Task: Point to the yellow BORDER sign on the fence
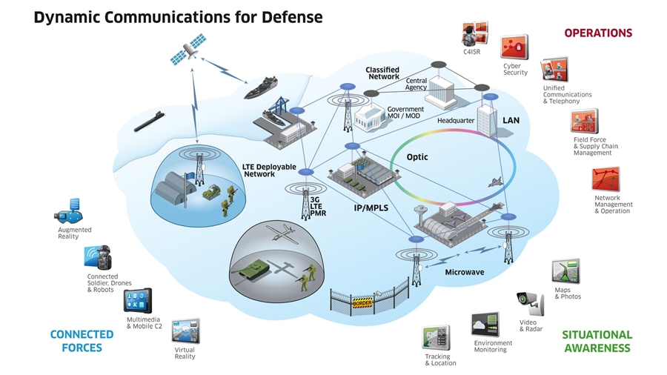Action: click(x=362, y=303)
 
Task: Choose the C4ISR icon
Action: click(x=474, y=34)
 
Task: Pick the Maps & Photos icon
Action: click(x=566, y=271)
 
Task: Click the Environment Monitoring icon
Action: click(x=485, y=325)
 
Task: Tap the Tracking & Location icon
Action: click(x=437, y=338)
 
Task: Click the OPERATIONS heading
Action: click(x=597, y=33)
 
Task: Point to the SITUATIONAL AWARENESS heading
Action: click(x=597, y=341)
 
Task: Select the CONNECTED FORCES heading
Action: click(x=82, y=341)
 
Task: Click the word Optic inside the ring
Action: click(x=417, y=157)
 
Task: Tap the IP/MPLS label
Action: click(x=371, y=208)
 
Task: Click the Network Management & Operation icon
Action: click(x=605, y=179)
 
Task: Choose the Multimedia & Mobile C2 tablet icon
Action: click(x=137, y=302)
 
